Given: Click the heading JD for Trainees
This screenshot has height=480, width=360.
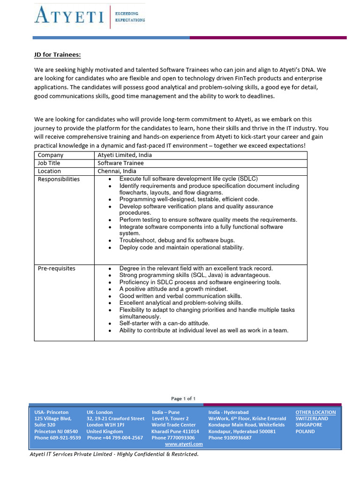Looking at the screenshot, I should tap(57, 55).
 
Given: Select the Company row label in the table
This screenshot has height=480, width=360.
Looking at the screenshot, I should tap(50, 155).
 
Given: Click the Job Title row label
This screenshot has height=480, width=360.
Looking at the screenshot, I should tap(49, 163).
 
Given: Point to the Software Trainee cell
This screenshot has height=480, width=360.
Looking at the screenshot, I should tap(120, 163).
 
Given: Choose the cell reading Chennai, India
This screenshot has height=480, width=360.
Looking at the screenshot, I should tap(117, 171).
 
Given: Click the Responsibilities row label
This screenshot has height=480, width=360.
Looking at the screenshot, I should tap(59, 179).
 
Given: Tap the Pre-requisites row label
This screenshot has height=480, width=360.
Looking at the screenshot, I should tap(56, 269).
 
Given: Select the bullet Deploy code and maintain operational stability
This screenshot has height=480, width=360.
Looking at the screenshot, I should tap(181, 247).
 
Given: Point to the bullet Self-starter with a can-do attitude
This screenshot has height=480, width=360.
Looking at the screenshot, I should tap(164, 323).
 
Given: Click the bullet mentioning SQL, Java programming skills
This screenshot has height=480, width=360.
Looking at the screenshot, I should tap(195, 275).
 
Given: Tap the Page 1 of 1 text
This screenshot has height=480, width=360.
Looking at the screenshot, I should tap(183, 398).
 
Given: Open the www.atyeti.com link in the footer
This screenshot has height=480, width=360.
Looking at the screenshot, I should tap(184, 444).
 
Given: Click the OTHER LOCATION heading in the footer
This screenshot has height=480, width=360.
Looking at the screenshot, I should tap(315, 412).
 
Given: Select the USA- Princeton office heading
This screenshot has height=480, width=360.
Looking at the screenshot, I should tap(51, 412).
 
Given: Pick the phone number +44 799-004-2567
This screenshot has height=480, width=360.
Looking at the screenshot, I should tap(115, 438).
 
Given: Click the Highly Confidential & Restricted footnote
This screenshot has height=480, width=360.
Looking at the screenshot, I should tap(114, 454).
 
